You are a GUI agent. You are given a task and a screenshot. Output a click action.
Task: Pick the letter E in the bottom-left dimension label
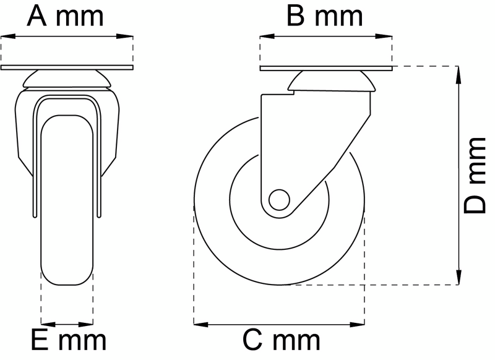click(x=40, y=340)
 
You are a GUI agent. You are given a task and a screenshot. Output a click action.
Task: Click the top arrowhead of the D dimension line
click(x=458, y=71)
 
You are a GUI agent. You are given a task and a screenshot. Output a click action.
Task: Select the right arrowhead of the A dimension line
click(x=128, y=37)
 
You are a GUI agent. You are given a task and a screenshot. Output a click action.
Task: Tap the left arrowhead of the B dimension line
click(x=265, y=37)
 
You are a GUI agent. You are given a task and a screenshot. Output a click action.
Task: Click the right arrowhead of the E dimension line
click(x=88, y=323)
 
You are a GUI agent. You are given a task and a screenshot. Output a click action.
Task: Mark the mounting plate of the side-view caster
click(x=325, y=67)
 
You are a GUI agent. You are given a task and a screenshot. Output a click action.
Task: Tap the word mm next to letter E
click(x=83, y=340)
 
